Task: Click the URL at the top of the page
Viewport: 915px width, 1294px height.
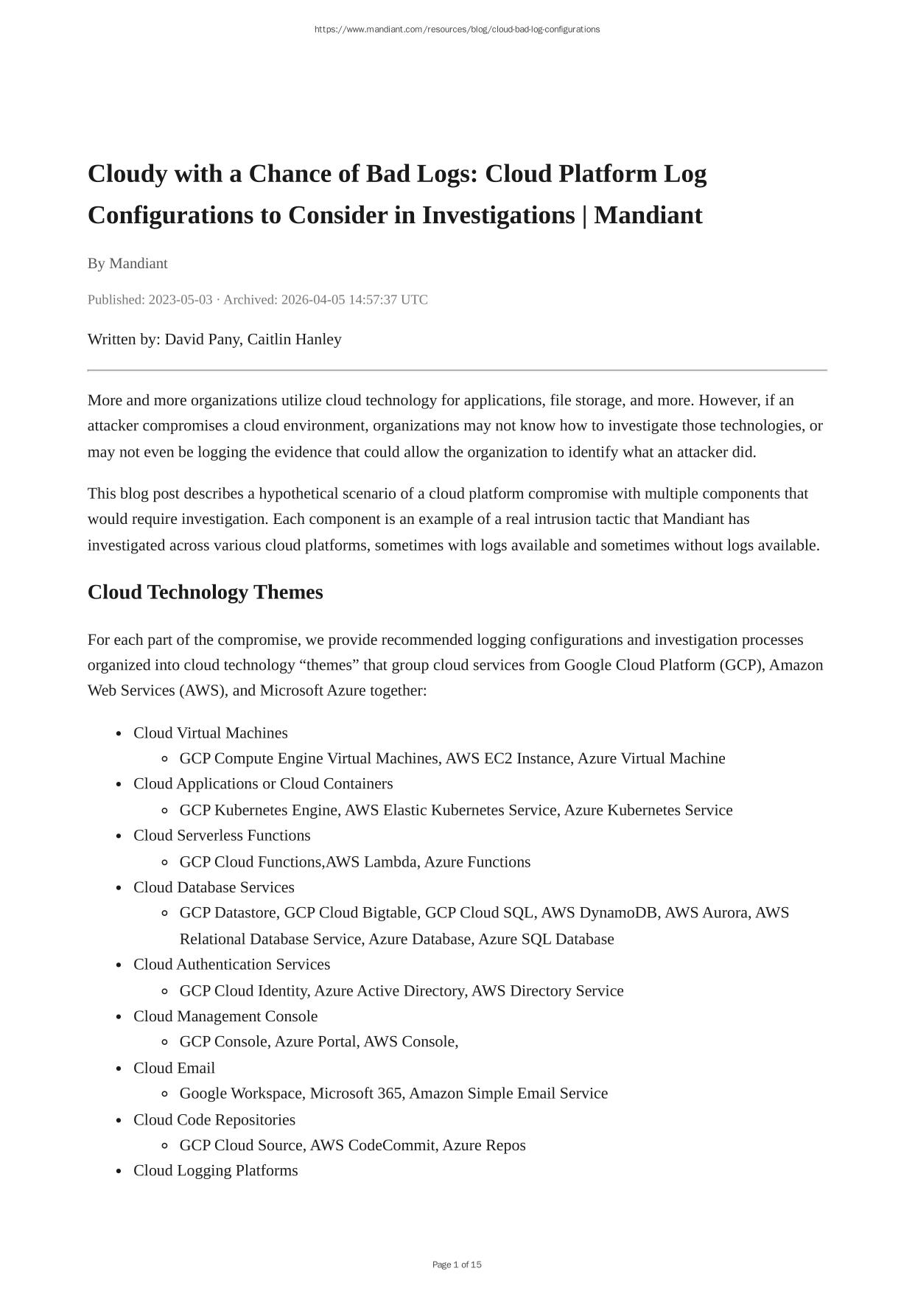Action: point(457,29)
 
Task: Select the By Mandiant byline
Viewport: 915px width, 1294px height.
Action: point(127,263)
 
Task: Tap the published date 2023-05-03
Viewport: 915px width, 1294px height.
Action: point(180,300)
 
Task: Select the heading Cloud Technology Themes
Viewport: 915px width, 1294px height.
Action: point(205,592)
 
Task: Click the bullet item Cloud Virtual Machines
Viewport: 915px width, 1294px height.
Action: point(210,732)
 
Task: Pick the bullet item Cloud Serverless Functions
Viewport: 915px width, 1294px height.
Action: point(222,835)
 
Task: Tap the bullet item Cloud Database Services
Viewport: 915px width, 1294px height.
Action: point(214,887)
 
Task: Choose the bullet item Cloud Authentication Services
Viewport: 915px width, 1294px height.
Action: point(231,964)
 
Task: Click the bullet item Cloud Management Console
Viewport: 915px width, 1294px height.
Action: point(225,1016)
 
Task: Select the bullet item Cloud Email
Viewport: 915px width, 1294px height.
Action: point(174,1068)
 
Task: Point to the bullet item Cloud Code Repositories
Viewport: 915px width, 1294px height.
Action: point(214,1119)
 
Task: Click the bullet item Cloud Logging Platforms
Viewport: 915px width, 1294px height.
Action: point(215,1170)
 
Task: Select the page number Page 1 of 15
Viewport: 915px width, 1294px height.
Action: point(457,1265)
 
